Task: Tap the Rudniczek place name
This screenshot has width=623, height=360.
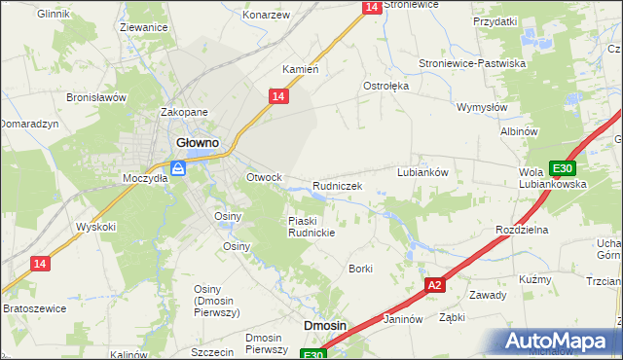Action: [x=338, y=186]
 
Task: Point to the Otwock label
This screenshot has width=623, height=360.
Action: [x=264, y=177]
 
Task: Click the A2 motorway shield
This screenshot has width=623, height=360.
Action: [x=435, y=285]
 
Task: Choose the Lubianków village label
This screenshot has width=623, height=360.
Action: [x=421, y=171]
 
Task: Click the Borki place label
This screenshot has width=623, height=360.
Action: [x=361, y=269]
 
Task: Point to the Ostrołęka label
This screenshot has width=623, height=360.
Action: [x=386, y=86]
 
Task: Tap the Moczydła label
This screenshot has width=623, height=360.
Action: [x=145, y=178]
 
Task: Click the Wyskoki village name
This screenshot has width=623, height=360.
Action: [x=96, y=227]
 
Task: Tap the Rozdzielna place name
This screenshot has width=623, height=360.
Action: [x=523, y=230]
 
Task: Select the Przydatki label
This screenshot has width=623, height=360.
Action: [x=495, y=20]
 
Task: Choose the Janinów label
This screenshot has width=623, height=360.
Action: [x=402, y=318]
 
